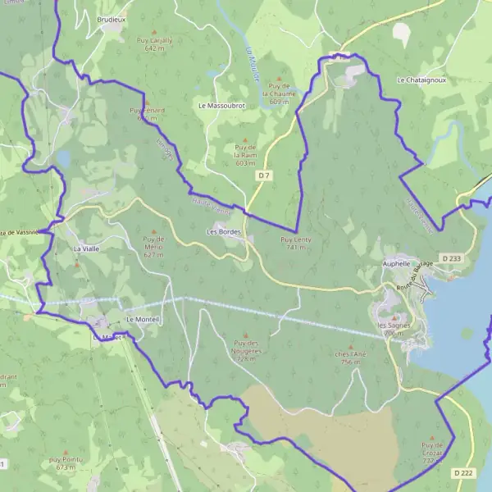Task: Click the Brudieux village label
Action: tap(111, 18)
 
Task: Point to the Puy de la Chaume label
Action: tap(280, 93)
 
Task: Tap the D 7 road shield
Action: tap(264, 176)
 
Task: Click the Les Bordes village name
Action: tap(222, 233)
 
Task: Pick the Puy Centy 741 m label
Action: tap(296, 243)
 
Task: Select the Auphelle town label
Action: tap(401, 264)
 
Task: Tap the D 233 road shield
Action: tap(451, 258)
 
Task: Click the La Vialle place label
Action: tap(86, 248)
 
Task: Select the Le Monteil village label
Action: tap(143, 319)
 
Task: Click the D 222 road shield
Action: tap(463, 473)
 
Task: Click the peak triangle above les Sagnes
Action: tap(392, 317)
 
